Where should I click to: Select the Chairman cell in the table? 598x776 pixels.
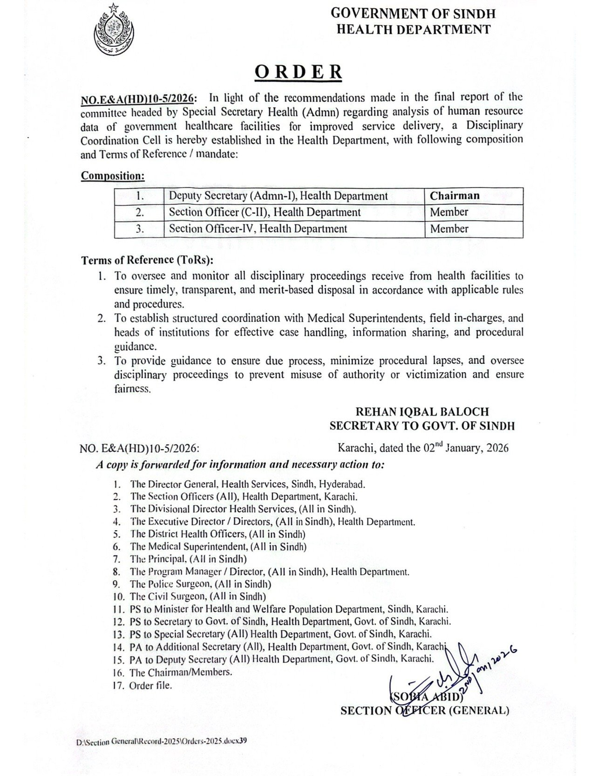coord(455,196)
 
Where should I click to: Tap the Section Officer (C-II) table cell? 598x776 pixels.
coord(265,213)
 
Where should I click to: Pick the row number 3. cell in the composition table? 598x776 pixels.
coord(140,229)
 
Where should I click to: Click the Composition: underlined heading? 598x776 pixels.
coord(113,176)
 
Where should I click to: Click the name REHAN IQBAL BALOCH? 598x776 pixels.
coord(422,412)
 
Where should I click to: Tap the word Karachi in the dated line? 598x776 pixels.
coord(356,449)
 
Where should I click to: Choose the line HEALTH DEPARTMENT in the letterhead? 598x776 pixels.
coord(413,29)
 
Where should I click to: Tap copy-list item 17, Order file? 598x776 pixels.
coord(150,686)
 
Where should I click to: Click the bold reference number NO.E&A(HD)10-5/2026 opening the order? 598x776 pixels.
coord(139,98)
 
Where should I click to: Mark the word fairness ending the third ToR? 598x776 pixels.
coord(132,388)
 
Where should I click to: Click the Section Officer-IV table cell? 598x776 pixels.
coord(258,229)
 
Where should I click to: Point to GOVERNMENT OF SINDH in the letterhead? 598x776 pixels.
coord(413,14)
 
